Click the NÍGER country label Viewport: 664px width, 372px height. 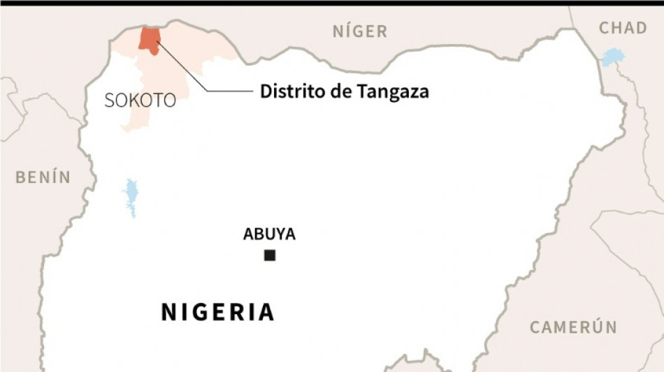359,31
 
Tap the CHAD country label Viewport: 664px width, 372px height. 623,28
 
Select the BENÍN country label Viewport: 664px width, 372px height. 43,177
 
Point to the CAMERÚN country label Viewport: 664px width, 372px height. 573,327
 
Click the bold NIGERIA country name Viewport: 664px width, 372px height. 218,312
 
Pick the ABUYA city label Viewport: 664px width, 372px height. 269,235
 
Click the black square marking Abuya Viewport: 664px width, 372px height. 270,256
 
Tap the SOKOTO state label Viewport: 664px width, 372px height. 140,101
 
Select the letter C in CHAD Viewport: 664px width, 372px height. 605,28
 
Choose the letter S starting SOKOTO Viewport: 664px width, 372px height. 109,101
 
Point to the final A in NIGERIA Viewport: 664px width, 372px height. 266,312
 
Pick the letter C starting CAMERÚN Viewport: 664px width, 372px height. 535,327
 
